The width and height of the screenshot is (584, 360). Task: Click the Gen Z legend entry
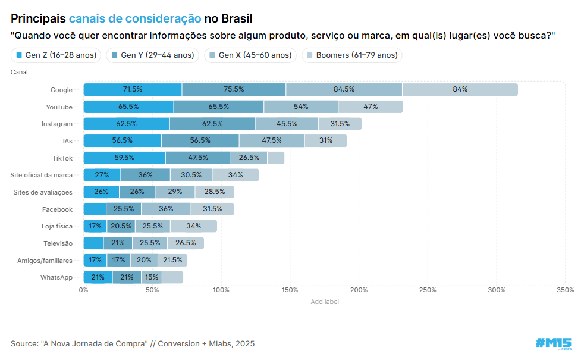56,55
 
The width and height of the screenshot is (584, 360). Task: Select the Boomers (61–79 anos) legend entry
352,55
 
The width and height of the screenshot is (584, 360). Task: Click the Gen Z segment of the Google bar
133,90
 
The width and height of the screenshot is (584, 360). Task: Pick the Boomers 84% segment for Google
460,90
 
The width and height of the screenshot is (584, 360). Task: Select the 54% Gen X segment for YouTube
301,107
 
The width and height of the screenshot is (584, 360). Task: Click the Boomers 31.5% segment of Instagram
340,124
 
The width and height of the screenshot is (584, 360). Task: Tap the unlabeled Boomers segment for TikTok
275,158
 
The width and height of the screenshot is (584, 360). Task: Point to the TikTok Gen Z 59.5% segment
124,158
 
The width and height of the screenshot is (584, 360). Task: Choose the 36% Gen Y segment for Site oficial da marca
145,175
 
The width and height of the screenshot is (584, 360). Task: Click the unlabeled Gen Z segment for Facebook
95,209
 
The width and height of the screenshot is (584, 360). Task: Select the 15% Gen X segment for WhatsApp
151,277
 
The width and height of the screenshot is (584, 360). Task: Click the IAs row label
67,141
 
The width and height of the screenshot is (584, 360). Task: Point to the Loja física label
56,226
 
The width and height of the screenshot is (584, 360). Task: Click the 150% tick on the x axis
290,290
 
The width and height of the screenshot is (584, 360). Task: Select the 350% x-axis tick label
565,290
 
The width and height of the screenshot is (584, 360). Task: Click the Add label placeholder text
325,302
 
